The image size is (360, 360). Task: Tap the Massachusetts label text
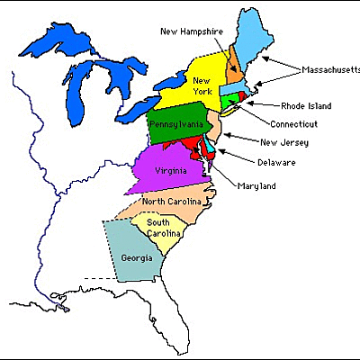coord(329,69)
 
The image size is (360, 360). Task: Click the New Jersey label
coord(282,141)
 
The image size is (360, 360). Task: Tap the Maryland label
coord(256,185)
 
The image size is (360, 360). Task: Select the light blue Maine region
coord(256,36)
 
